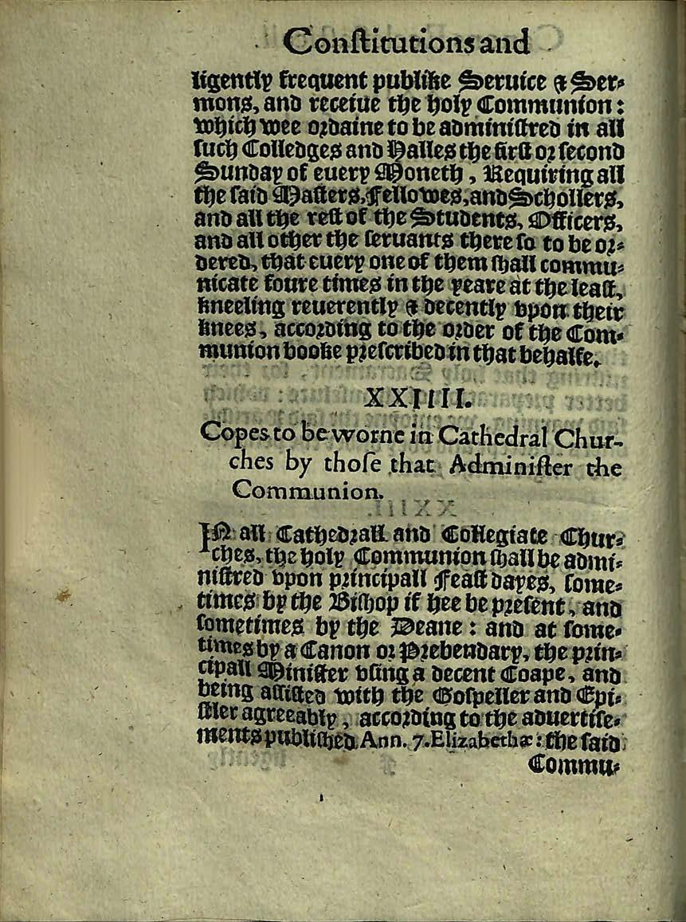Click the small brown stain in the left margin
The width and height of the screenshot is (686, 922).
[62, 594]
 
